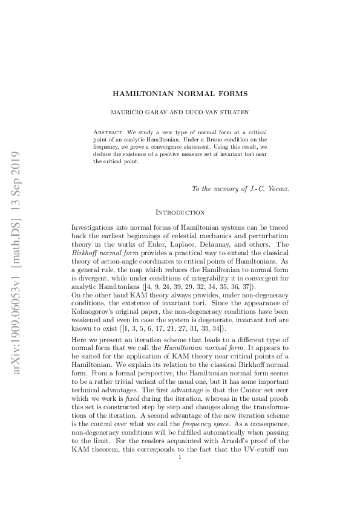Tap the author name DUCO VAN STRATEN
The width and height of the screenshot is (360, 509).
[x=209, y=112]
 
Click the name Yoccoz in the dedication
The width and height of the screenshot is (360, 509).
[x=276, y=189]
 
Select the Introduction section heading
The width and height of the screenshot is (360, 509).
[x=180, y=212]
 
